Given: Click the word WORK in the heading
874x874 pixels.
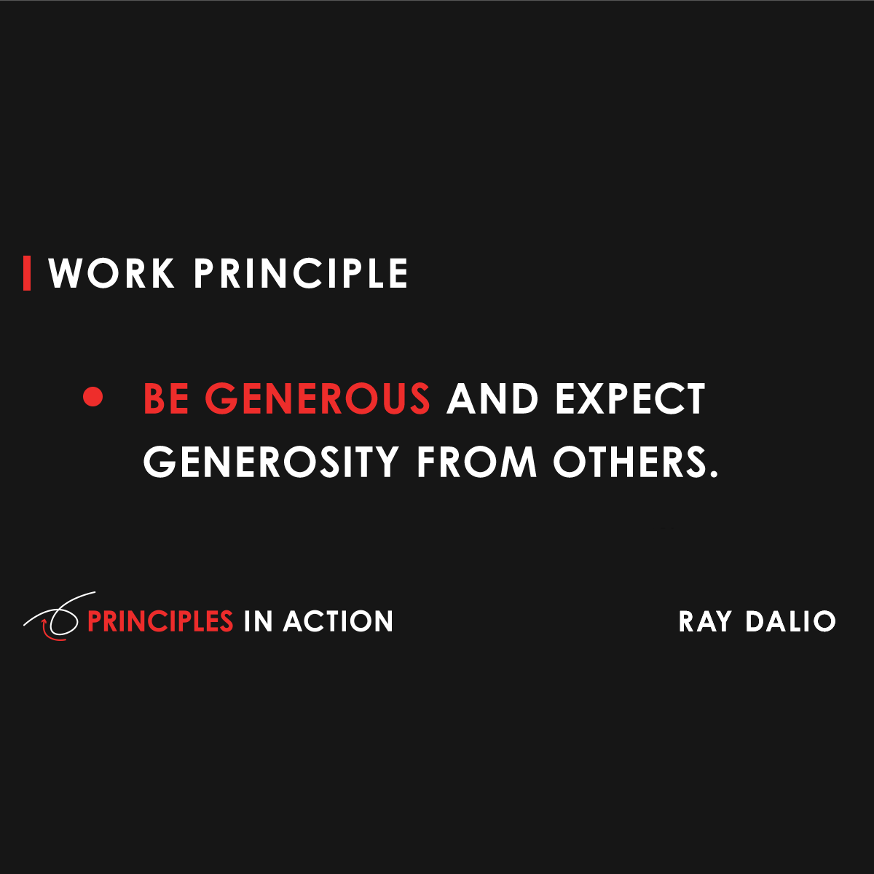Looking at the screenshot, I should click(x=111, y=274).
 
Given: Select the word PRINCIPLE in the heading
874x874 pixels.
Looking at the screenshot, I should click(x=300, y=274).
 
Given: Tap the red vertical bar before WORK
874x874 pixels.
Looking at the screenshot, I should click(x=27, y=274).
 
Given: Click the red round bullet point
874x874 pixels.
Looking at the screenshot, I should click(x=92, y=398).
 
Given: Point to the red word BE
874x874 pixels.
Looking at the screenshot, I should click(x=166, y=398).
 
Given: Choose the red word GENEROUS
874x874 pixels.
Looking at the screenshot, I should click(x=318, y=398).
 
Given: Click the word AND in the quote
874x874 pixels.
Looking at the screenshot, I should click(x=492, y=398).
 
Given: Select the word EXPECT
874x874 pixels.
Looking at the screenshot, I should click(x=631, y=398).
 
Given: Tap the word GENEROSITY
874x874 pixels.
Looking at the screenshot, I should click(x=271, y=462).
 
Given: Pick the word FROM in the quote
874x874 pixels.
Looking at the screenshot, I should click(x=476, y=462).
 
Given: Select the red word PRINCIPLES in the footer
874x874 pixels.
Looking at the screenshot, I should click(x=160, y=621).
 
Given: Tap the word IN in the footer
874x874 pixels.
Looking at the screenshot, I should click(x=258, y=621).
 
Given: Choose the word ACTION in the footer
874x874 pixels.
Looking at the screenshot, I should click(x=338, y=621).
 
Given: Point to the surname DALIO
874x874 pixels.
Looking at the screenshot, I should click(x=790, y=621).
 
